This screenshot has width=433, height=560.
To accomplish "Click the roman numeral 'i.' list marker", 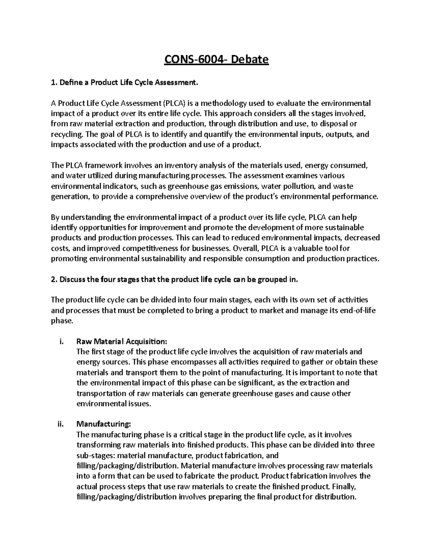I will tap(61, 341).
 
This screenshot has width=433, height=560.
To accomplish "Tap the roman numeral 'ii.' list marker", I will tap(60, 424).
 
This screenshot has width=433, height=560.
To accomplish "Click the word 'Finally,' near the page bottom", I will tap(344, 486).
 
